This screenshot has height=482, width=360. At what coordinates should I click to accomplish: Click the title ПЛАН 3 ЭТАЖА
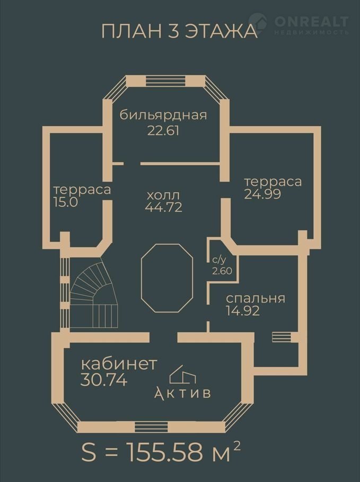[x=179, y=31]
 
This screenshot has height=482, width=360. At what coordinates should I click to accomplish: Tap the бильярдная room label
[x=163, y=115]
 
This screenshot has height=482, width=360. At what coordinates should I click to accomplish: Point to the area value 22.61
[x=163, y=131]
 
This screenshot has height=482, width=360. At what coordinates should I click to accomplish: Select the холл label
[x=163, y=195]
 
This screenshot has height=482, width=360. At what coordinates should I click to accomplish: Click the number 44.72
[x=163, y=207]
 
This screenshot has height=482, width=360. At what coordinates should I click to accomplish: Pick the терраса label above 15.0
[x=82, y=190]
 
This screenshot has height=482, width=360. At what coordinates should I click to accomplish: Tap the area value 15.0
[x=66, y=202]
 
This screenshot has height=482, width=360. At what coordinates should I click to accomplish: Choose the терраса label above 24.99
[x=273, y=182]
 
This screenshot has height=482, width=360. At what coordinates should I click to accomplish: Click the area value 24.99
[x=262, y=194]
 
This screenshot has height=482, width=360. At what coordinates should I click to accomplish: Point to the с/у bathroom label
[x=219, y=260]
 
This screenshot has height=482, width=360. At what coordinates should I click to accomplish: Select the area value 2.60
[x=222, y=271]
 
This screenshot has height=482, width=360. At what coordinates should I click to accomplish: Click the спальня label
[x=256, y=299]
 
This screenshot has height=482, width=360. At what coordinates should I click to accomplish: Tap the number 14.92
[x=243, y=311]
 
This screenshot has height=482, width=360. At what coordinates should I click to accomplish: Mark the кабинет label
[x=119, y=364]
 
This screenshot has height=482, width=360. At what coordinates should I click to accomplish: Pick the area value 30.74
[x=104, y=380]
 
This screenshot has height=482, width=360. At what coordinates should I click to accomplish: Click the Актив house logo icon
[x=183, y=374]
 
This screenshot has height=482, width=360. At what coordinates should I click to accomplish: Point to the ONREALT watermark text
[x=311, y=22]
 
